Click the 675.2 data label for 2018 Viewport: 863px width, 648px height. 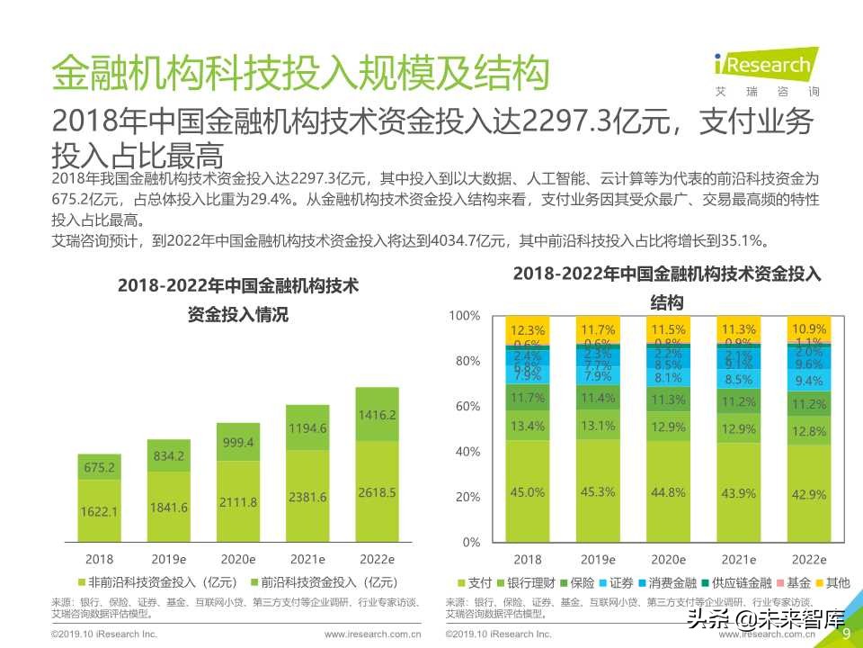(x=99, y=467)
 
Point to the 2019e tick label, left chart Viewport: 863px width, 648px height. (x=168, y=558)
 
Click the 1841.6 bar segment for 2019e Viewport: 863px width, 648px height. (x=168, y=508)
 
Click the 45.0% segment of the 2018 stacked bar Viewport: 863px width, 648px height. (x=528, y=491)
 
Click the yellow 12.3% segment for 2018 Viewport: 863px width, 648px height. (x=528, y=329)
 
